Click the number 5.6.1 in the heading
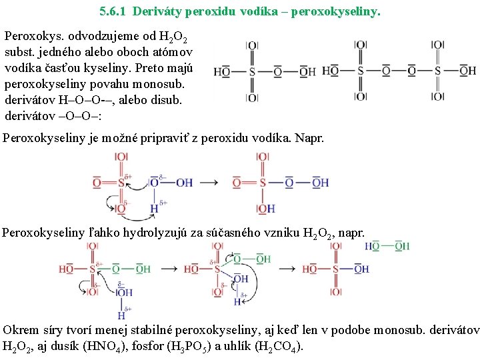point(111,11)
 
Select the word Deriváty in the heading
point(157,11)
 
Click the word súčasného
point(226,233)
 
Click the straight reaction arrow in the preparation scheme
point(209,182)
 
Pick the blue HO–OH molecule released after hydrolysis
point(387,247)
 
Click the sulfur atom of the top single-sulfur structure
point(252,71)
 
